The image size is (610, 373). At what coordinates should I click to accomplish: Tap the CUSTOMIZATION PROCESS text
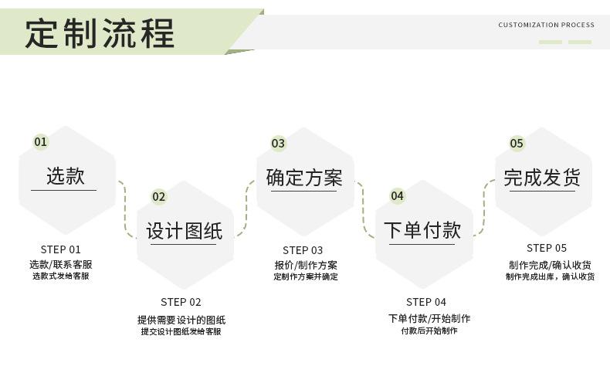(x=546, y=25)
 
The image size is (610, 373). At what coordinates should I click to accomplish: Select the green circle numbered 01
(x=40, y=142)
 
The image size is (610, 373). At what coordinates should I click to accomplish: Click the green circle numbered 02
(x=158, y=197)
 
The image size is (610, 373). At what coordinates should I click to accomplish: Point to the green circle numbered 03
(x=278, y=143)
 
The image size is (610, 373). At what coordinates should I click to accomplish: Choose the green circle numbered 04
(x=397, y=196)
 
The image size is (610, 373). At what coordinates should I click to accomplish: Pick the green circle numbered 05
(x=517, y=143)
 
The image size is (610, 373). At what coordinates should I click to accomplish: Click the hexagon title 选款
(x=65, y=176)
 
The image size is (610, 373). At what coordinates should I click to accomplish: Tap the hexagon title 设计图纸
(x=184, y=231)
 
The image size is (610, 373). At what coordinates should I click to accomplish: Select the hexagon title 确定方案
(x=303, y=178)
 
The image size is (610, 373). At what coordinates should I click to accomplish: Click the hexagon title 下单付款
(x=422, y=230)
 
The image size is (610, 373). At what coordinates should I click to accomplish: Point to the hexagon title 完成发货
(x=542, y=178)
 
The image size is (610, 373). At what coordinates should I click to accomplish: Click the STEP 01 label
(x=60, y=249)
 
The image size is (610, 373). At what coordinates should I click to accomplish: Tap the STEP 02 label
(x=181, y=302)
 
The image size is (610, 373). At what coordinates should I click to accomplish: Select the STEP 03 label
(x=303, y=250)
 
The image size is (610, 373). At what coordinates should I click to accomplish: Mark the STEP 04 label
(x=426, y=302)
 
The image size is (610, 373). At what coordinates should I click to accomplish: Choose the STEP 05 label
(x=547, y=248)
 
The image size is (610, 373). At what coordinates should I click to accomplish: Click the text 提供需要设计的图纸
(x=181, y=320)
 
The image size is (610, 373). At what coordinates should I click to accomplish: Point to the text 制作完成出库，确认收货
(x=550, y=276)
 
